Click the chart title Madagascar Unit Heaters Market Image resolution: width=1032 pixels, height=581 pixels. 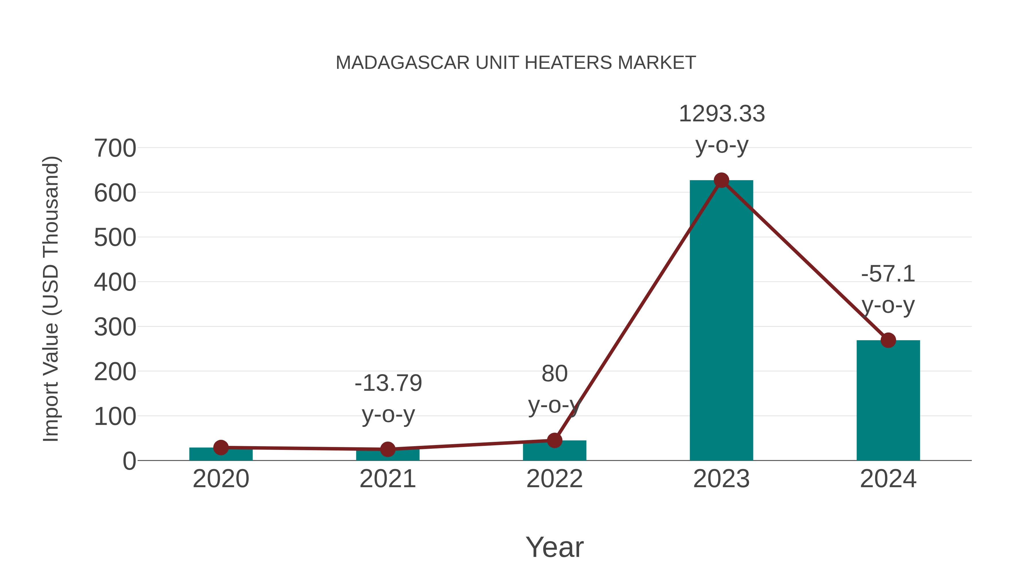516,63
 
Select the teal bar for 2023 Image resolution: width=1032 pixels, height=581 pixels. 721,321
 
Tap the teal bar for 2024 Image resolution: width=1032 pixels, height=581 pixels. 888,401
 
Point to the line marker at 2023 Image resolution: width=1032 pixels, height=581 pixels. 721,180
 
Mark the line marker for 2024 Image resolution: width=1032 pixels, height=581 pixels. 888,340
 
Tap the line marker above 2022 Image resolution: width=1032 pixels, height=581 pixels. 554,440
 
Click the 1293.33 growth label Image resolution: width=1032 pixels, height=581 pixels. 722,114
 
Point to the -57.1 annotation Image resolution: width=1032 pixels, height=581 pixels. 888,274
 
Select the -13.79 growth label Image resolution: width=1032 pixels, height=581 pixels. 388,383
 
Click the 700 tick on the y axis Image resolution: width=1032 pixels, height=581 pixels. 115,148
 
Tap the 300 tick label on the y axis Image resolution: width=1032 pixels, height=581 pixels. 115,327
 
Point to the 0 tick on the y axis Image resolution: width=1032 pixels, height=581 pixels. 129,461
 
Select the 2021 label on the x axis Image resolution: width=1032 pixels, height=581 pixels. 387,479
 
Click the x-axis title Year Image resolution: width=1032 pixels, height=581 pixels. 554,547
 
